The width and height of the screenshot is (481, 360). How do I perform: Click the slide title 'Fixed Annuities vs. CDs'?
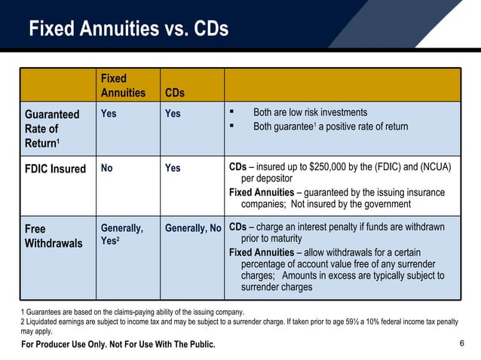128,29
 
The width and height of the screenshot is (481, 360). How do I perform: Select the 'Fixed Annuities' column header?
123,85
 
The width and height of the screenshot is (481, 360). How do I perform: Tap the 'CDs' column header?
174,93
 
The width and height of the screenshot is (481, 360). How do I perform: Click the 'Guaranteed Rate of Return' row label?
52,128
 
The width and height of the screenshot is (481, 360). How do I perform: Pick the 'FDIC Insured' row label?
56,168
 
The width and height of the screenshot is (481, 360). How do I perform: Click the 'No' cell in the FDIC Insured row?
107,168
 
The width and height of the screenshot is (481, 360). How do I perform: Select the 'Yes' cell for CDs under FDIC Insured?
173,168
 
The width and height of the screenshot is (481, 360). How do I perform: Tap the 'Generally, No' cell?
193,227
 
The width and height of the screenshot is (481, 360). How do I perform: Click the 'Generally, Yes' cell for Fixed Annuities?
121,234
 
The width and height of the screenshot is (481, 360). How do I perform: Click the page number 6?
461,343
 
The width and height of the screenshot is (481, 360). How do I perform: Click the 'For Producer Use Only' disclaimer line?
118,344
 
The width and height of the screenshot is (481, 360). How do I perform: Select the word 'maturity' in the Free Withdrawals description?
286,239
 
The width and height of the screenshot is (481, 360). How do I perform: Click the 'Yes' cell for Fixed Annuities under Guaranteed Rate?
109,114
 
